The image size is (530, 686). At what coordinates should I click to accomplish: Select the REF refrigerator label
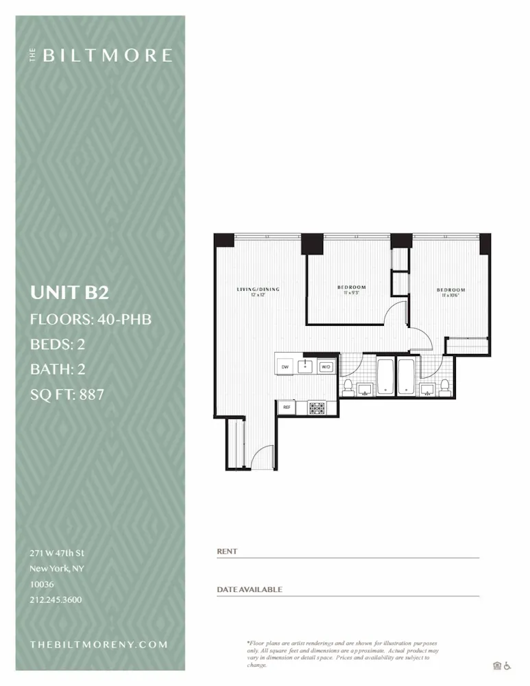287,407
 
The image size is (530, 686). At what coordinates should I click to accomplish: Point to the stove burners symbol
317,407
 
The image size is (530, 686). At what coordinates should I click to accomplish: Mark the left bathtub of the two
385,377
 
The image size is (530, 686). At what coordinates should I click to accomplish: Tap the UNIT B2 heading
69,293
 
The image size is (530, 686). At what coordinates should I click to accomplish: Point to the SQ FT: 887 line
67,394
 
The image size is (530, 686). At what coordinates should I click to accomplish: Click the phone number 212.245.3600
56,600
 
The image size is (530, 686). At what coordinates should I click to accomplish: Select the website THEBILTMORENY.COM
99,644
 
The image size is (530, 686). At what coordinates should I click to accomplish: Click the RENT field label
226,552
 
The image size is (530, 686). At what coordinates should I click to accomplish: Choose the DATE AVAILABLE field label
249,589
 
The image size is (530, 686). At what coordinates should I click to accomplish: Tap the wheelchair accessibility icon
507,665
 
